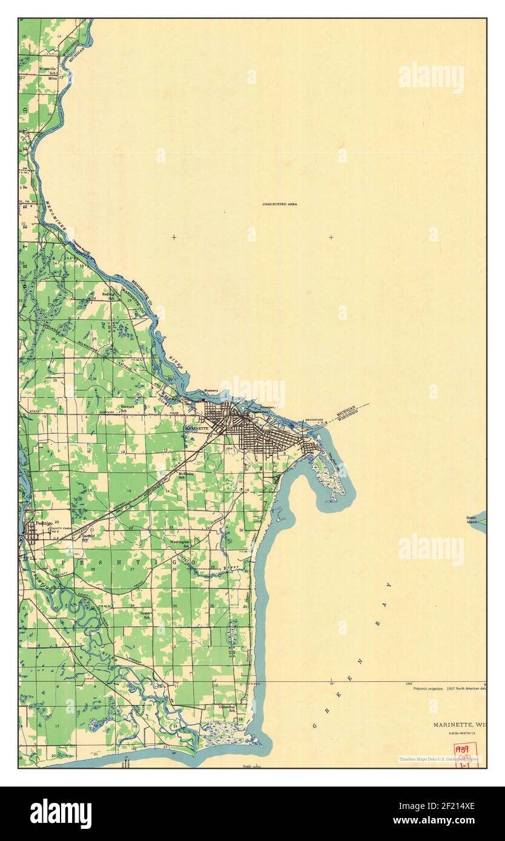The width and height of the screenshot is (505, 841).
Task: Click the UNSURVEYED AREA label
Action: [x=279, y=205]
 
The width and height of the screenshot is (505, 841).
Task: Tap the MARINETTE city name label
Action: [x=196, y=428]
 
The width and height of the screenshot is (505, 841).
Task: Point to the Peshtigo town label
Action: [x=44, y=523]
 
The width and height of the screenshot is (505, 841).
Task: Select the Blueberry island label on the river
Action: [x=211, y=390]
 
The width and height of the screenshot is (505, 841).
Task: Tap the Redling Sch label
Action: [x=108, y=296]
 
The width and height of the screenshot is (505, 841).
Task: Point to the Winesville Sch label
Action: [x=48, y=71]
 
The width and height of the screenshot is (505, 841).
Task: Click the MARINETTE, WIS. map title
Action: [x=460, y=724]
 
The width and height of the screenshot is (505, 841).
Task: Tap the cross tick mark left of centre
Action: [x=174, y=237]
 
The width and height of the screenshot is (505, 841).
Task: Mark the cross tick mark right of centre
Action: [x=331, y=237]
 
